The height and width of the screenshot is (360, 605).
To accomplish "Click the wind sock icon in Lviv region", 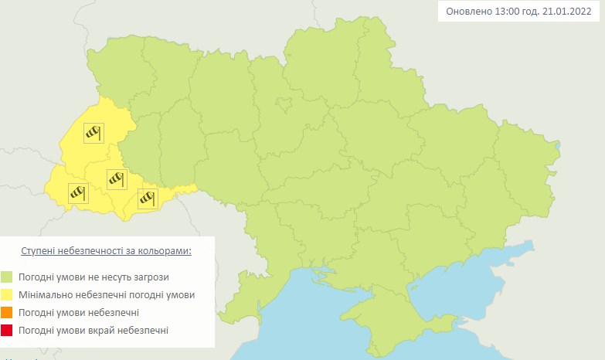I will pos(93,133).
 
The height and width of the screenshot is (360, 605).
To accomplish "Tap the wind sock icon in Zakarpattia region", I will pos(77,193).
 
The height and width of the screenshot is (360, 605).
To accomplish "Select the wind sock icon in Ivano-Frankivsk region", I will pos(117,179).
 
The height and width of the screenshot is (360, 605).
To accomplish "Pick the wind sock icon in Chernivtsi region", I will pos(148,199).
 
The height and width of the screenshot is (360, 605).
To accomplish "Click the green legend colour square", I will pos(7,277).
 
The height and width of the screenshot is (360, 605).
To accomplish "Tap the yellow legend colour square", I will pos(7,295).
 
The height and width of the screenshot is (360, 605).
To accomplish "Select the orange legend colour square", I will pos(7,313).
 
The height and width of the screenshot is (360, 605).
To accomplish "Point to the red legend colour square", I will pos(7,331).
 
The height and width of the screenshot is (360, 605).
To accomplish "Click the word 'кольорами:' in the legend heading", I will pos(165,252).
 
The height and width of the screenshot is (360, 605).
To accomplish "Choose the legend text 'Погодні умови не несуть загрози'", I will pos(95,277).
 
